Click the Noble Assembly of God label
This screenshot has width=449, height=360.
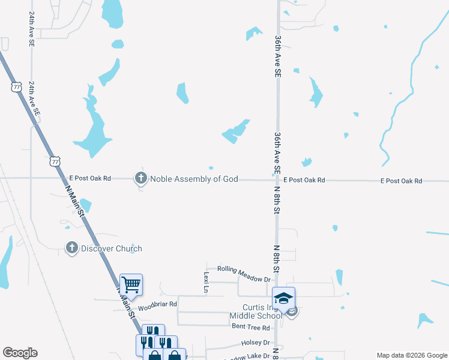(194, 179)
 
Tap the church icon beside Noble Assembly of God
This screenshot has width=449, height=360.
(141, 178)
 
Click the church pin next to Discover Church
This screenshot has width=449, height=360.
(71, 247)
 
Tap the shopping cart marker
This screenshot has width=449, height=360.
(131, 284)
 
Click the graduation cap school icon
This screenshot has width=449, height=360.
(283, 297)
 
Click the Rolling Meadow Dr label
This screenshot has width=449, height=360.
(244, 274)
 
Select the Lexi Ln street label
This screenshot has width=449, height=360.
(205, 282)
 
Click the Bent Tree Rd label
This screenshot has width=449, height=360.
(250, 327)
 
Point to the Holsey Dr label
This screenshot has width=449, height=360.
(256, 343)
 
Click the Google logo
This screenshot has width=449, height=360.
(20, 353)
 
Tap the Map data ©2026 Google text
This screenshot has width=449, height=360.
(411, 355)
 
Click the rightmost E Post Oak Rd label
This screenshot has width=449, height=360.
(402, 181)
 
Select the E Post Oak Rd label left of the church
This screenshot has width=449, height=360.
(90, 178)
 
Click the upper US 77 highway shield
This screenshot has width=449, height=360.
(16, 86)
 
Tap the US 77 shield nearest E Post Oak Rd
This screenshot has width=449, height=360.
(55, 161)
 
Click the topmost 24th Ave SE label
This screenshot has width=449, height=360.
(31, 28)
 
